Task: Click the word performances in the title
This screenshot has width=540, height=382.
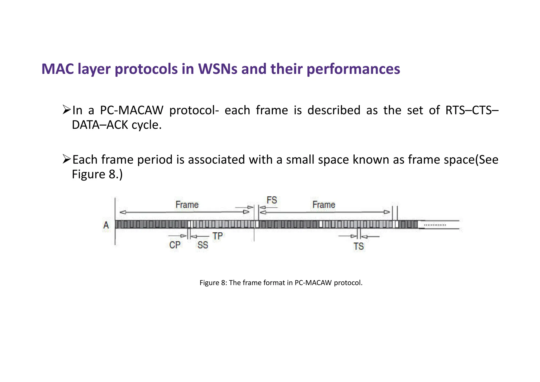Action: [x=353, y=69]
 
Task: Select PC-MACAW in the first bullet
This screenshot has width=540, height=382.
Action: [x=132, y=110]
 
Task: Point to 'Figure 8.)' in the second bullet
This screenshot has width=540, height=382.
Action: [x=97, y=174]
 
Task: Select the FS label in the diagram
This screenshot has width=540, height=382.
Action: [x=272, y=200]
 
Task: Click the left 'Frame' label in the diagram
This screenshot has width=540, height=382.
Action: [x=187, y=205]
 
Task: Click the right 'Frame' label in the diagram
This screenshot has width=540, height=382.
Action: [x=324, y=205]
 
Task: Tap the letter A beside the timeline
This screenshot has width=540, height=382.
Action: [x=106, y=225]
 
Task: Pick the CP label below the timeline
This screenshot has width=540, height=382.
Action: [x=175, y=245]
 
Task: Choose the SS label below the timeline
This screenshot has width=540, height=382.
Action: [x=202, y=245]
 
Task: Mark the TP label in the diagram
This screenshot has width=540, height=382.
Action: [x=218, y=236]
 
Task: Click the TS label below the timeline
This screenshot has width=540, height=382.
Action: [x=358, y=247]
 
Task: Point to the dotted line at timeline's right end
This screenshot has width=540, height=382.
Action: [x=435, y=225]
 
